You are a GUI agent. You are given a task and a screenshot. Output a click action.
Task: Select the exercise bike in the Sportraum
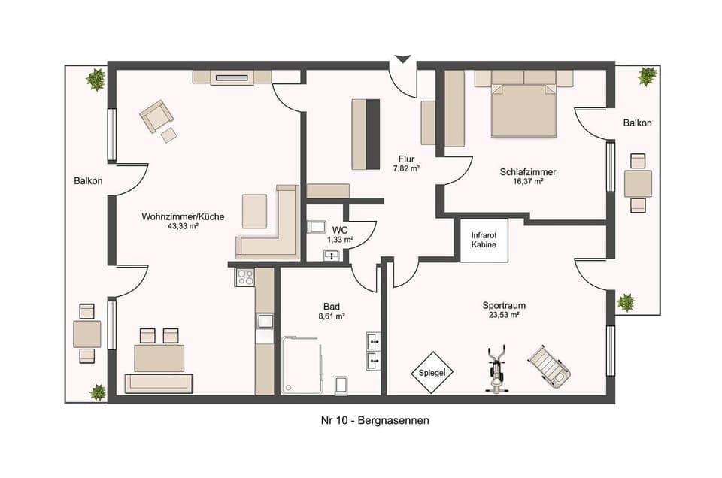tap(496, 370)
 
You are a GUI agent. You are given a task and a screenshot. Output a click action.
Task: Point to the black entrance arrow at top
tap(403, 59)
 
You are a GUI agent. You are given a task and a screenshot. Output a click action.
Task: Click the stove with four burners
tap(245, 277)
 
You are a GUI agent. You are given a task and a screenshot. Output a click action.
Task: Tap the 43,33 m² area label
tap(183, 225)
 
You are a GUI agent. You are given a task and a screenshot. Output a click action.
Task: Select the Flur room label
tap(405, 159)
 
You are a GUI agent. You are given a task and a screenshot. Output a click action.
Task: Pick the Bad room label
tap(331, 307)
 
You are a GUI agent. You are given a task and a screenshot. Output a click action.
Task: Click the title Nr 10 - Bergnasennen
tap(375, 421)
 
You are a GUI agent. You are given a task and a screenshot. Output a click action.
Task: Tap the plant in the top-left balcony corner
tap(96, 79)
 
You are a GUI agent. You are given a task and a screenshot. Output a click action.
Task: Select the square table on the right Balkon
tap(638, 183)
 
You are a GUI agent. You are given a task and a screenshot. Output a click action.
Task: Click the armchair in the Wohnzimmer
tap(156, 116)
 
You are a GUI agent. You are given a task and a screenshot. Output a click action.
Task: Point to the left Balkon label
tap(88, 181)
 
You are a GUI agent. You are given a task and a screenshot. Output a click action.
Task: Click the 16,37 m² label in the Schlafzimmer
tap(528, 181)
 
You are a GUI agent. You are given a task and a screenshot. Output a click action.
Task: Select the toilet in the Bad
tap(341, 385)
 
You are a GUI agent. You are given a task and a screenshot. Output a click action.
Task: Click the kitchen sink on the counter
tap(265, 322)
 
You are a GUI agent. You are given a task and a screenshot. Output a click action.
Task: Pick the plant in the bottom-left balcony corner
tap(98, 392)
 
